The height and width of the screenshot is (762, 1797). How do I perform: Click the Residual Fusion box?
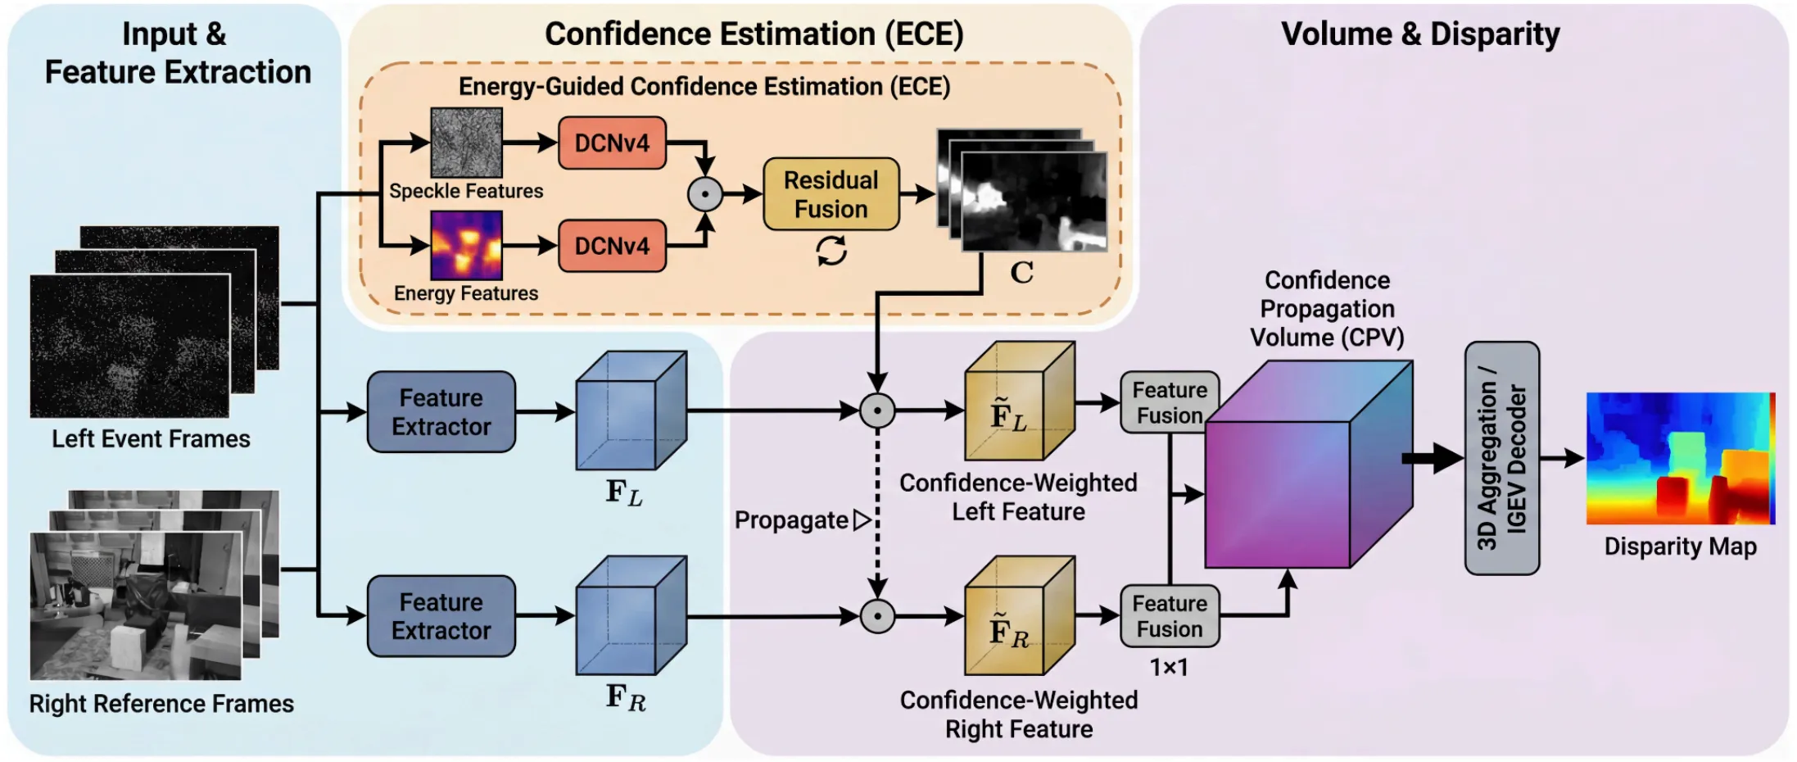pos(831,194)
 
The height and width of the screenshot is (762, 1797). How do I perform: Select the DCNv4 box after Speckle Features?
pos(612,143)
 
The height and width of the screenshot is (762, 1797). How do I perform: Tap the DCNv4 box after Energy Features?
pos(612,246)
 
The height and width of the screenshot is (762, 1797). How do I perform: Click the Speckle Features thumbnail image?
pos(466,143)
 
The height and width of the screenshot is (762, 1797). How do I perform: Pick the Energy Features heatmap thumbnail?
pos(466,245)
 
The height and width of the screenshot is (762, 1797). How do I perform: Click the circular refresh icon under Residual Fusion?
pos(831,251)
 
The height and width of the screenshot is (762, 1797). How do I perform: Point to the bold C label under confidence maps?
pos(1021,273)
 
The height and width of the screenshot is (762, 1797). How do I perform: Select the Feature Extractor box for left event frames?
pos(441,412)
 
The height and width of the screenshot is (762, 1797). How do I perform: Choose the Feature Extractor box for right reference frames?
pos(441,616)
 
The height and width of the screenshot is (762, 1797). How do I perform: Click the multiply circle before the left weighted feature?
pos(877,410)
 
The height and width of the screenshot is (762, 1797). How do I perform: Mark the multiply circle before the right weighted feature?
pos(877,616)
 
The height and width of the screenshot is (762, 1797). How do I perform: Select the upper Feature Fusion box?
pos(1169,402)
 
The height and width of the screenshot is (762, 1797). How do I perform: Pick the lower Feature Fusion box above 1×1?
pos(1169,616)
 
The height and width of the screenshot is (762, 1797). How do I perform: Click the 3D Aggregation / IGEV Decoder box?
pos(1501,458)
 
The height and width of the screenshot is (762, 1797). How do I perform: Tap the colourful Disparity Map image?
pos(1680,458)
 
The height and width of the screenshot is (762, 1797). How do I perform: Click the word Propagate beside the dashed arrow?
pos(791,520)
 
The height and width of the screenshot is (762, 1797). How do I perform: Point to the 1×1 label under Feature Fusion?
pos(1169,668)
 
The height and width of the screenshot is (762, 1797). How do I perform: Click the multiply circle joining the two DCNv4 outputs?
pos(705,194)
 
